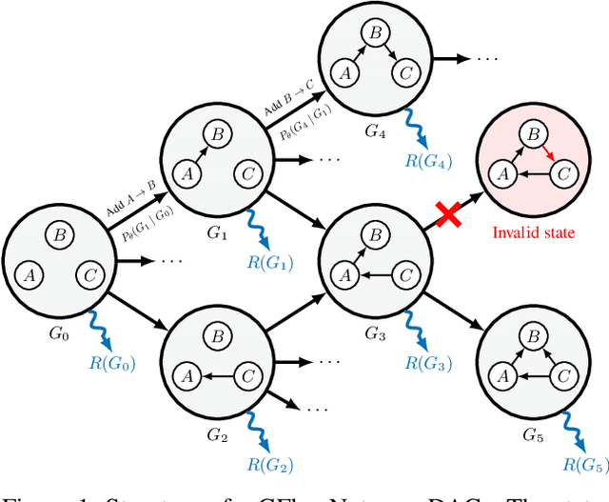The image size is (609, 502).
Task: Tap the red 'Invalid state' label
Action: pos(532,231)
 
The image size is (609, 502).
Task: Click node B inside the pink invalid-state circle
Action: pos(535,136)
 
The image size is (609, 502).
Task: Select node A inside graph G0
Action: pos(29,275)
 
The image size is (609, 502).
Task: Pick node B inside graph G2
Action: pos(218,334)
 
